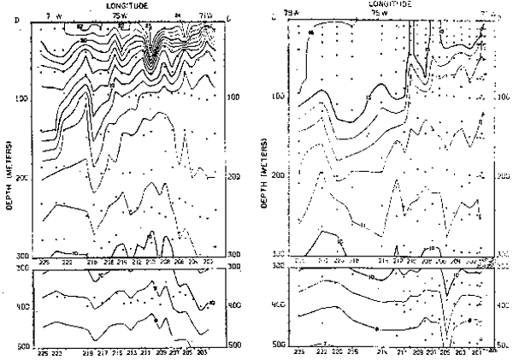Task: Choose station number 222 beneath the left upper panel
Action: [57, 260]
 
